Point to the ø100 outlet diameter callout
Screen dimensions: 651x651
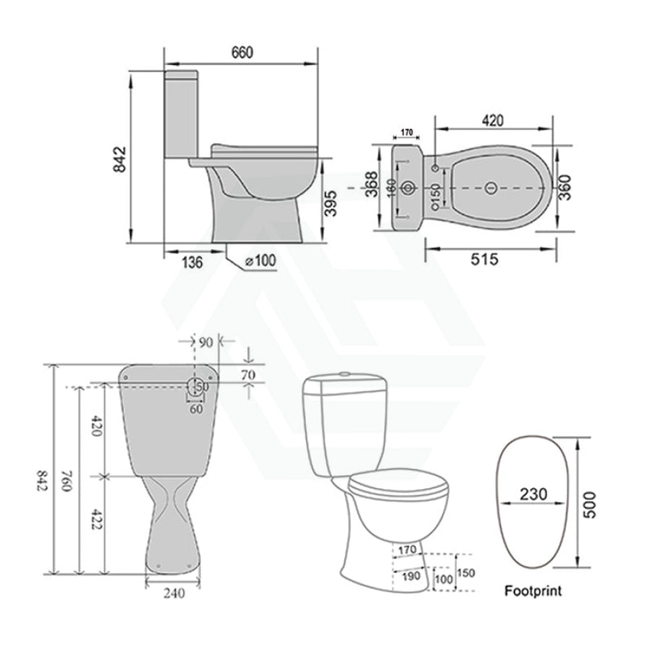coord(261,261)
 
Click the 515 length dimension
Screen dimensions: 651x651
coord(484,259)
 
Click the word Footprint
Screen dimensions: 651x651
coord(532,591)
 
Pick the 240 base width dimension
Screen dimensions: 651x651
coord(172,594)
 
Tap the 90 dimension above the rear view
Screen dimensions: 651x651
coord(207,341)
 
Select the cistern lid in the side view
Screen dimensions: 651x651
coord(182,75)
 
